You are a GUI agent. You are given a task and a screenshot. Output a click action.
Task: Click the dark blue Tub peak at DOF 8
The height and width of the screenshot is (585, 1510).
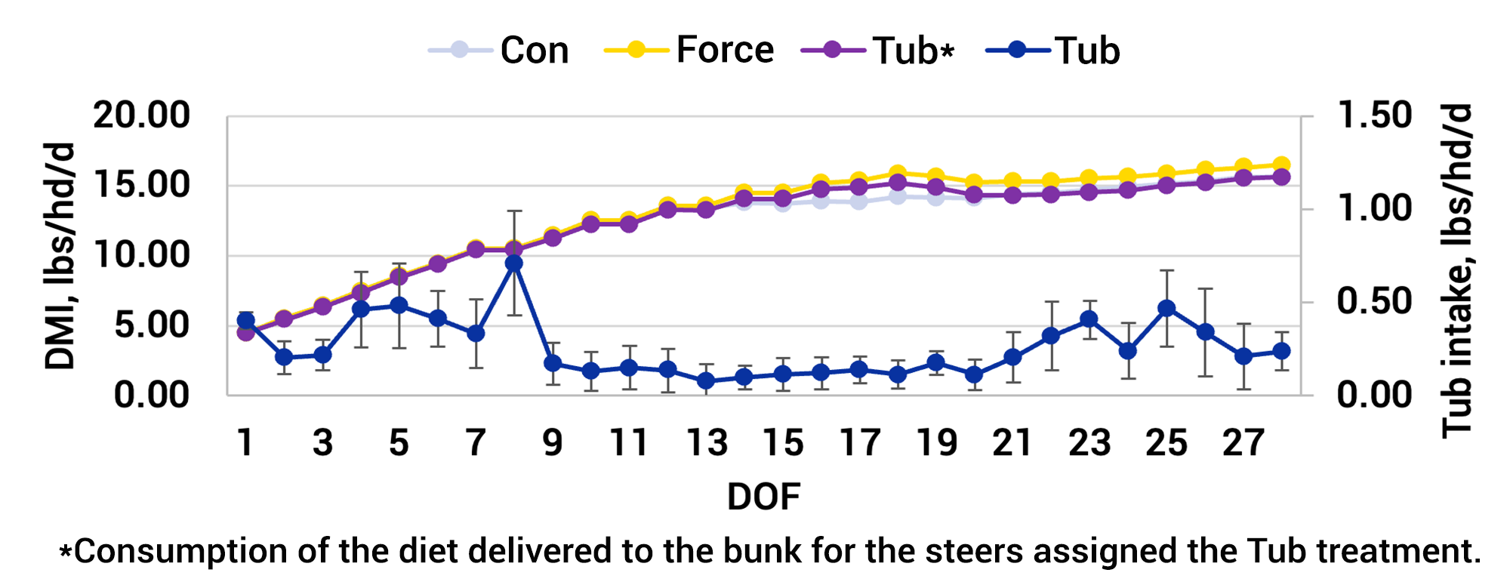pyautogui.click(x=514, y=263)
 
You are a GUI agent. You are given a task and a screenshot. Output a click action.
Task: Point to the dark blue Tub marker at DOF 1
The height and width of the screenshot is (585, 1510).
pyautogui.click(x=245, y=321)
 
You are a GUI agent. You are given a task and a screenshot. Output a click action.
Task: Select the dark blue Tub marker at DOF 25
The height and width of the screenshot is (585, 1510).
pyautogui.click(x=1166, y=308)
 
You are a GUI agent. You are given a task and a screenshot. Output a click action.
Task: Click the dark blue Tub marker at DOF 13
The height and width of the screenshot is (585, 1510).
pyautogui.click(x=706, y=380)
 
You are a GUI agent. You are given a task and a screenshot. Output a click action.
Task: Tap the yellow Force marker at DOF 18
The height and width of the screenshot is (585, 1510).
pyautogui.click(x=898, y=174)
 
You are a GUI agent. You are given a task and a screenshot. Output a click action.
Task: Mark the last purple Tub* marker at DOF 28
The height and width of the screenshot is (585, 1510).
pyautogui.click(x=1281, y=177)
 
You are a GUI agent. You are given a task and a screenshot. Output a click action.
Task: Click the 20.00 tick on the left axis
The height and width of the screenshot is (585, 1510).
pyautogui.click(x=141, y=115)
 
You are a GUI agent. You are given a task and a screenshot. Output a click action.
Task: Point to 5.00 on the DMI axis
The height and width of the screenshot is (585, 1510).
pyautogui.click(x=151, y=325)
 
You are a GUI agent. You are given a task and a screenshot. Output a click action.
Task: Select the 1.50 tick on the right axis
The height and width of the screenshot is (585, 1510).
pyautogui.click(x=1374, y=115)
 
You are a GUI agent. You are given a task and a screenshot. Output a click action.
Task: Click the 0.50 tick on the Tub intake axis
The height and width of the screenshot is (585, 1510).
pyautogui.click(x=1374, y=302)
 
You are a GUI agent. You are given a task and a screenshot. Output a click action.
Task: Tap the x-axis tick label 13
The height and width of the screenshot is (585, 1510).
pyautogui.click(x=706, y=443)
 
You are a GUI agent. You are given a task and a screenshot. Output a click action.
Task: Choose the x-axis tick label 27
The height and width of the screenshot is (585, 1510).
pyautogui.click(x=1243, y=443)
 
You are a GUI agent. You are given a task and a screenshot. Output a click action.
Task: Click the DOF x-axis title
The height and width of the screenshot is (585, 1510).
pyautogui.click(x=763, y=497)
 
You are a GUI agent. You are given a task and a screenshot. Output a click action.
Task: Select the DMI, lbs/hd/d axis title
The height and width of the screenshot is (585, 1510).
pyautogui.click(x=60, y=255)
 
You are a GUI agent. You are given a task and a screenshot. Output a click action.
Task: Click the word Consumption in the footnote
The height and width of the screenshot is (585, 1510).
pyautogui.click(x=181, y=551)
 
